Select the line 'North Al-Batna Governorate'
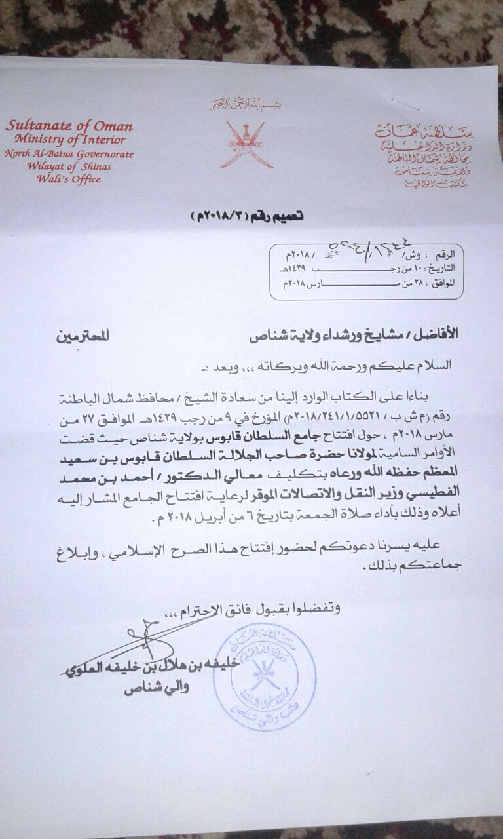tap(69, 154)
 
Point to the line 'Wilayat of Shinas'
tap(69, 166)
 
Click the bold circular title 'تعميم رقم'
tap(248, 216)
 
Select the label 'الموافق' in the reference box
tap(449, 283)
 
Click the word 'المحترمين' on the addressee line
tap(83, 336)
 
